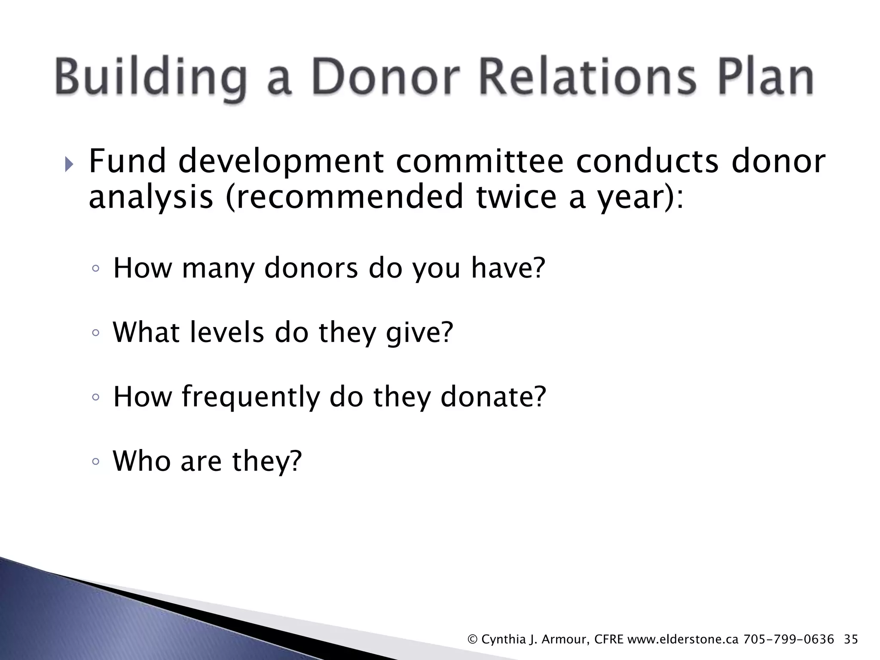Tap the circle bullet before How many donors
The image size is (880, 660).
(96, 269)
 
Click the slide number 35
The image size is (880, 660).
(851, 639)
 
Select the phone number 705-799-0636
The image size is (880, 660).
(788, 639)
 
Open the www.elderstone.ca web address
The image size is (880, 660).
(683, 639)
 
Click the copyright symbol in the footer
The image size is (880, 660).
(472, 640)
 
